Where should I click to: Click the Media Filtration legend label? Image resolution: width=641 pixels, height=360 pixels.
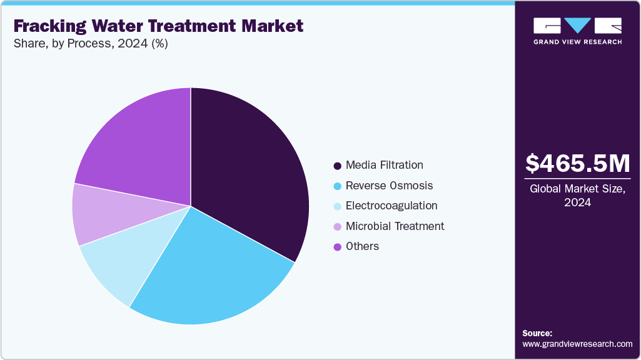coord(384,165)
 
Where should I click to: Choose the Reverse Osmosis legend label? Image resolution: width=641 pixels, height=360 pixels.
coord(389,186)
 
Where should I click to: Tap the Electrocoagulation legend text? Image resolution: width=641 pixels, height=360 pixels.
coord(391,206)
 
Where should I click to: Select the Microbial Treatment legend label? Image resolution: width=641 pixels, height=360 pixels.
coord(395,226)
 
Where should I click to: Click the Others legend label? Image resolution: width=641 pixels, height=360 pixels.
coord(362,246)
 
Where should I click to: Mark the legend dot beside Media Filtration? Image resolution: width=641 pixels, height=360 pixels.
coord(338,166)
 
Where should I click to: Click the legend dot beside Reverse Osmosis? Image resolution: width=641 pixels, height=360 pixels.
coord(338,186)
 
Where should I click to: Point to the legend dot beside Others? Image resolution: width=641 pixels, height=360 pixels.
coord(338,247)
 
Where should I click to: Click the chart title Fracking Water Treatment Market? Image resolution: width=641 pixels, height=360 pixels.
coord(158,26)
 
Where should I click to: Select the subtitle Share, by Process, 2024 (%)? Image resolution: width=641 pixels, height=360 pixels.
coord(90,44)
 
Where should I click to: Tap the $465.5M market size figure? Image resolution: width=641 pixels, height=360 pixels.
coord(577,164)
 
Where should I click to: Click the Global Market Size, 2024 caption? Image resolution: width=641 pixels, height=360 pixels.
coord(577,195)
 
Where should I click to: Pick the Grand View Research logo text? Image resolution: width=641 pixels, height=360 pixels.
coord(577,42)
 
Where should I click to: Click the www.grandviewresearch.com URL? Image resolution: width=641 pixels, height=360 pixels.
coord(577,344)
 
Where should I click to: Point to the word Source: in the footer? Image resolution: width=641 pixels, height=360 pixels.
coord(537,333)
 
